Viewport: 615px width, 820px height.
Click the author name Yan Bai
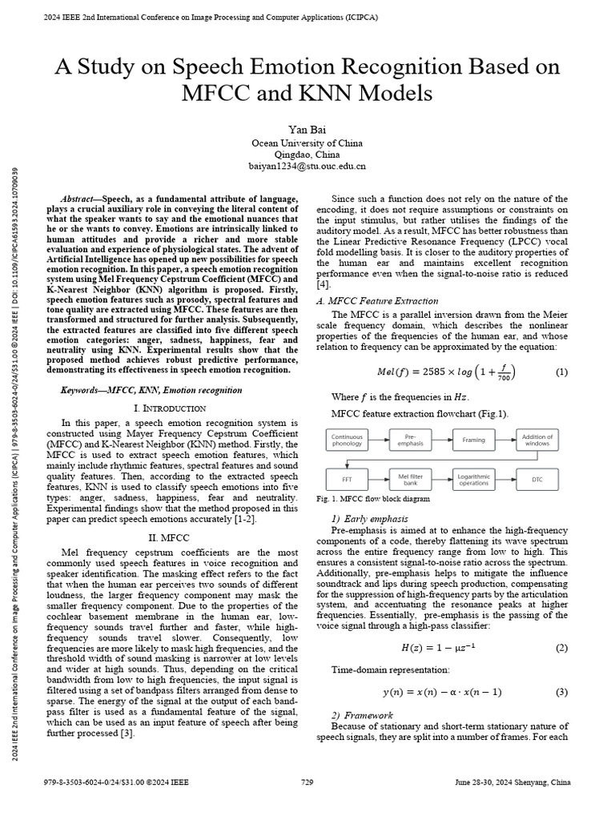[x=307, y=129]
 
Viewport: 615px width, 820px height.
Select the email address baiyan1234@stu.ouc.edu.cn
[x=307, y=167]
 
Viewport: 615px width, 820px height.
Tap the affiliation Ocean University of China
[x=307, y=143]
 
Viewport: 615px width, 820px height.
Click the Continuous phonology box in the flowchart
[x=347, y=440]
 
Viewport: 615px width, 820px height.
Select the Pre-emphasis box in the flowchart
[x=411, y=440]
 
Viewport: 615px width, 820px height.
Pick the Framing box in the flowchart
[x=474, y=440]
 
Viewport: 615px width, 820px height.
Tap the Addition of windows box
[x=537, y=440]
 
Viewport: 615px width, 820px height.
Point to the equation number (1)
[x=561, y=372]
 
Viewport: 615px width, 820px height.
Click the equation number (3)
[x=561, y=692]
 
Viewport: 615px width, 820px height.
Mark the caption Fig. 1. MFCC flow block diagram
[x=373, y=499]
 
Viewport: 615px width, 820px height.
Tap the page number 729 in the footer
[x=307, y=782]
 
